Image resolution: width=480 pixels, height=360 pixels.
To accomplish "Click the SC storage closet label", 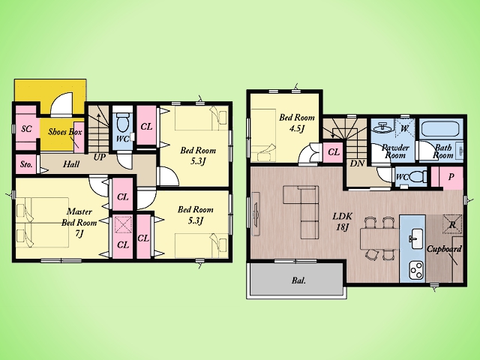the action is (x=27, y=128).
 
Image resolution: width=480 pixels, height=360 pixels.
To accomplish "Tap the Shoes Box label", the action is (x=65, y=132).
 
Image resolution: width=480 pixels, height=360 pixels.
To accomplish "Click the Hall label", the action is (x=71, y=164).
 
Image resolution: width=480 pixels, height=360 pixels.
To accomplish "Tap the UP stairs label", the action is (x=100, y=157).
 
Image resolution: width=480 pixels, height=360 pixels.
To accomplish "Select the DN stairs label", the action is (x=357, y=163).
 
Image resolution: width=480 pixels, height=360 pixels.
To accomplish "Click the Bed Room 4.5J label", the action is (x=297, y=123).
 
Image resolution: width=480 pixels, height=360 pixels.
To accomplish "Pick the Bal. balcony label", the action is (x=298, y=280).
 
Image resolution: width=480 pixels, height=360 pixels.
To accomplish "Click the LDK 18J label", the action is (x=343, y=222).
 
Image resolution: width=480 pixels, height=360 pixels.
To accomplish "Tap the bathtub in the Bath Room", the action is (x=439, y=129).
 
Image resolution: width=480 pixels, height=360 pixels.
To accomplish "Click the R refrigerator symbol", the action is (x=451, y=224).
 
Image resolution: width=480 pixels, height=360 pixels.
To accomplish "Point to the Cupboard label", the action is (x=444, y=249).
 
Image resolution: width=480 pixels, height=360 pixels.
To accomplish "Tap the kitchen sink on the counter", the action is (x=414, y=238).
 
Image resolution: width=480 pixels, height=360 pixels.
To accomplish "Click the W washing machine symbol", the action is (x=404, y=128).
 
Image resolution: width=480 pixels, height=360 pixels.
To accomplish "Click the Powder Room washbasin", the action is (x=382, y=127).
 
